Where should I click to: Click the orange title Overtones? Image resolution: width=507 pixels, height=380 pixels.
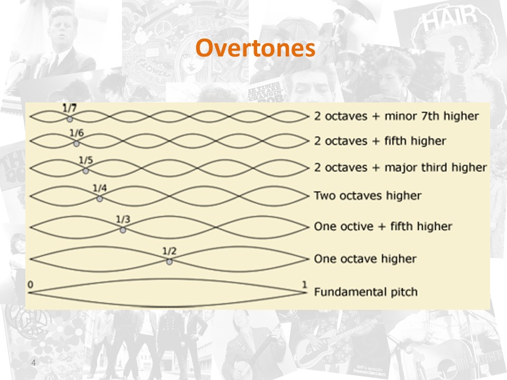(x=256, y=48)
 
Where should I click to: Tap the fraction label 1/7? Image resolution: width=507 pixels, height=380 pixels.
(x=70, y=108)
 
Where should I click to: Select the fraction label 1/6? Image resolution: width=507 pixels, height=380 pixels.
(x=77, y=133)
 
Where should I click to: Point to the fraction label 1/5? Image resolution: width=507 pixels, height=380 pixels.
(x=86, y=160)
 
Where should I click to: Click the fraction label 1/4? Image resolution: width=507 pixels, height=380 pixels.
(x=100, y=188)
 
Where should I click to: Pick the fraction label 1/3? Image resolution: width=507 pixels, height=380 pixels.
(x=123, y=220)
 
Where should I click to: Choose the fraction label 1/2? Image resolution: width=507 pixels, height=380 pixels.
(x=170, y=251)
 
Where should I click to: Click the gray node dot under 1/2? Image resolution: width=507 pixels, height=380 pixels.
(x=170, y=261)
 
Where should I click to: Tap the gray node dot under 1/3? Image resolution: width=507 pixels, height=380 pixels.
(x=123, y=230)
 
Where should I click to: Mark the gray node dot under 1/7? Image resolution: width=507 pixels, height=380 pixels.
(x=70, y=119)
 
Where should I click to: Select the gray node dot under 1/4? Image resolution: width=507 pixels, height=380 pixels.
(x=100, y=198)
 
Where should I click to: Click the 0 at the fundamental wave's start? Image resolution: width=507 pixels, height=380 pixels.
(x=31, y=284)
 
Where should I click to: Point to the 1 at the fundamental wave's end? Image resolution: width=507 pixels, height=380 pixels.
(x=304, y=284)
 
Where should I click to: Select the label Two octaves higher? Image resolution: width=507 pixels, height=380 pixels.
(x=368, y=195)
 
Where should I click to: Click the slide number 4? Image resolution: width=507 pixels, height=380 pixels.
(x=33, y=363)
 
